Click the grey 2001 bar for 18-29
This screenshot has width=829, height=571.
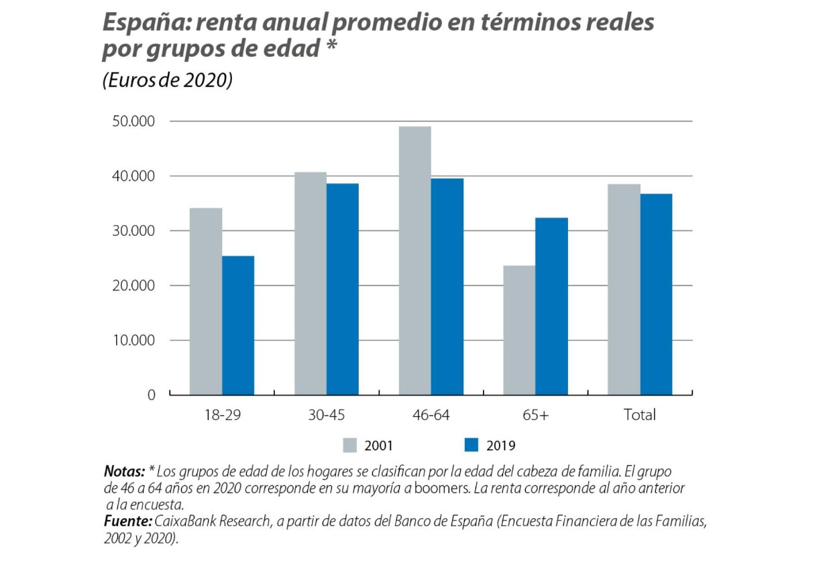click(x=206, y=302)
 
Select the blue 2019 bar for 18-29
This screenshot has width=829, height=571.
click(x=238, y=326)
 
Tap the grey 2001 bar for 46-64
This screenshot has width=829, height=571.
click(x=415, y=261)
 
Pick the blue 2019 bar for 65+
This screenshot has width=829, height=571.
click(x=551, y=306)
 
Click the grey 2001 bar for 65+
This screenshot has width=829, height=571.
click(x=519, y=330)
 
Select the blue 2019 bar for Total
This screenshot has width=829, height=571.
click(x=656, y=294)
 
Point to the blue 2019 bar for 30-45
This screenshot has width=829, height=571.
click(x=343, y=289)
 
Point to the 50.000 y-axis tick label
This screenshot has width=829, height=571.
click(x=134, y=121)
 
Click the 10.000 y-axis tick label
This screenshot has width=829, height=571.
click(x=134, y=340)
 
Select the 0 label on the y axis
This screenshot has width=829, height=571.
click(x=151, y=395)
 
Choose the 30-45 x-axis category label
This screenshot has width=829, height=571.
click(x=327, y=416)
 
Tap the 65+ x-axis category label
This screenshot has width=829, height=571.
click(x=535, y=416)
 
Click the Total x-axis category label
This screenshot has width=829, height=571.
click(x=640, y=416)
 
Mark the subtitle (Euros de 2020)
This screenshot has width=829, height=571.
click(x=167, y=80)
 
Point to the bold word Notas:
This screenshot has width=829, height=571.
click(x=124, y=471)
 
